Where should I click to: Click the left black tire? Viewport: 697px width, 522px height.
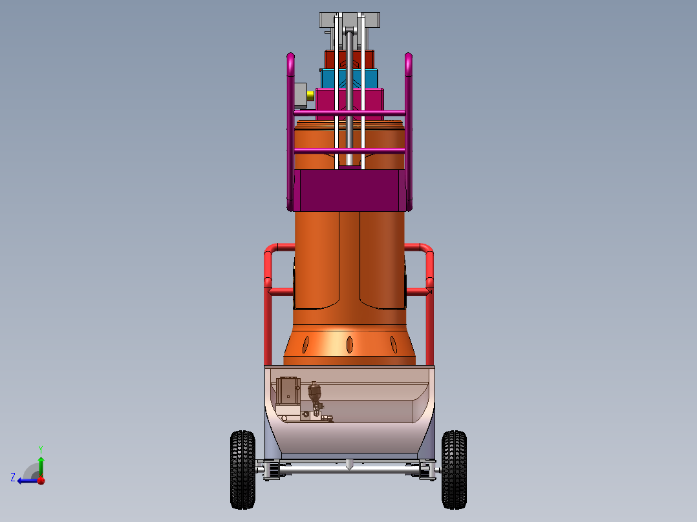[242, 470]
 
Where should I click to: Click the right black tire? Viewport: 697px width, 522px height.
[454, 470]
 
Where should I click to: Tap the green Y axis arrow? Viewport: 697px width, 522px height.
[41, 466]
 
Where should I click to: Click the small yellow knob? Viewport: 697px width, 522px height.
[310, 95]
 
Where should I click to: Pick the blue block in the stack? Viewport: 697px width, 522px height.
[349, 79]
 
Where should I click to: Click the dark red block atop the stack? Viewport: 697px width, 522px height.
[349, 59]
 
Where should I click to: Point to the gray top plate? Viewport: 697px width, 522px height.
[350, 20]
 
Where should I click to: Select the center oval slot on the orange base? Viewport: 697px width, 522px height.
[349, 344]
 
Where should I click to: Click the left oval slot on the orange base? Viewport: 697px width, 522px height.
[305, 345]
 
